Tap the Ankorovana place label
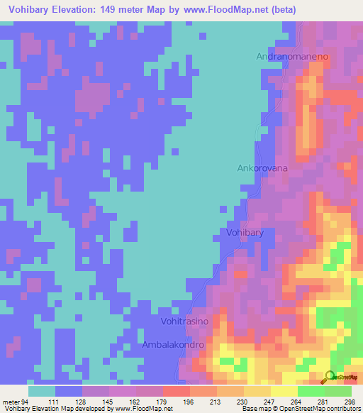tap(261, 169)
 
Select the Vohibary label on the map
tap(245, 233)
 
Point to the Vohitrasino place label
tap(185, 321)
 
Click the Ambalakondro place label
tap(174, 345)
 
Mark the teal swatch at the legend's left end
tap(42, 391)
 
